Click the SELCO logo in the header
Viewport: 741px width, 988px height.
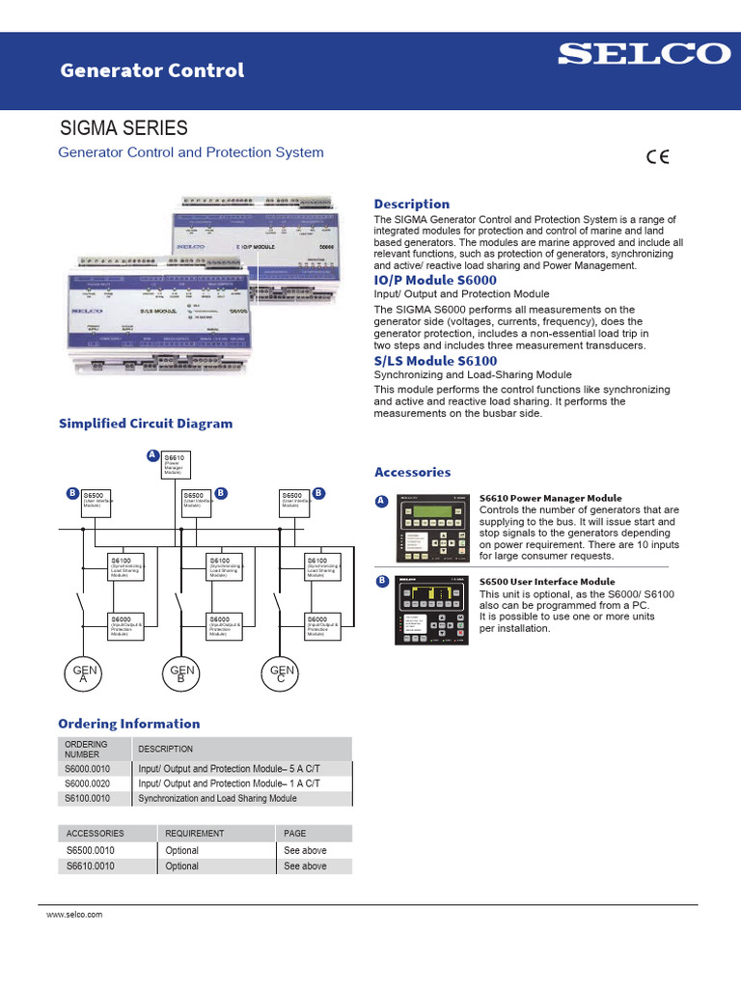[x=645, y=54]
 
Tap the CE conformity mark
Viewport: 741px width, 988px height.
[x=658, y=158]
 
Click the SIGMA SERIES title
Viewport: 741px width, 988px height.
[x=124, y=128]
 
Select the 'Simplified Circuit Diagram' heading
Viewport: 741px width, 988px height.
[x=146, y=424]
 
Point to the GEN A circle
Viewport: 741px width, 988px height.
[x=82, y=673]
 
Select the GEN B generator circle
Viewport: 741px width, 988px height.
[x=182, y=673]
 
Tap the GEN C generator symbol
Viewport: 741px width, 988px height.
[x=282, y=673]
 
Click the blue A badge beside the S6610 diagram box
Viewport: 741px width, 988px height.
[x=152, y=454]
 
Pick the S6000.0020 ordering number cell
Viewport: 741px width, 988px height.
[x=88, y=783]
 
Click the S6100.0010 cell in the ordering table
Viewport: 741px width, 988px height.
[x=88, y=799]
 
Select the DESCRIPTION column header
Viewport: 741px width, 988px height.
[x=166, y=749]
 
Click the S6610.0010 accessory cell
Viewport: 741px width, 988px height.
[x=90, y=866]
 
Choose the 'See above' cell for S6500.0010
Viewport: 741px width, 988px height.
[x=305, y=851]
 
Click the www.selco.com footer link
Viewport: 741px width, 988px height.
[x=74, y=914]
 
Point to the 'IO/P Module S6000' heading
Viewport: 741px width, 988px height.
[x=435, y=280]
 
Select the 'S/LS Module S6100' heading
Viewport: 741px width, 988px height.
[x=435, y=360]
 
